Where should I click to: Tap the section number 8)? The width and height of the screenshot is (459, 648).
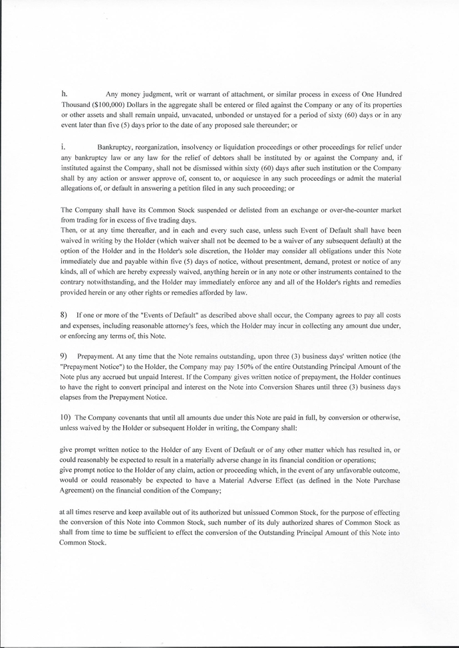point(65,313)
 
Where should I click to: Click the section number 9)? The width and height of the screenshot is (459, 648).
point(65,357)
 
